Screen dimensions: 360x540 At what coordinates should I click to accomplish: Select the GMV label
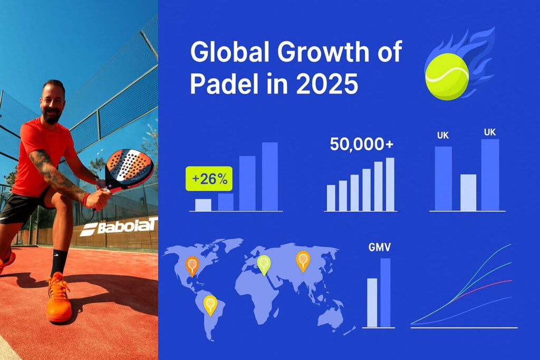[x=380, y=247]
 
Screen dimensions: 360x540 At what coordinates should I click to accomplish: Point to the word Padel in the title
[x=217, y=84]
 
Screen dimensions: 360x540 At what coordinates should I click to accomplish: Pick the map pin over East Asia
[x=302, y=260]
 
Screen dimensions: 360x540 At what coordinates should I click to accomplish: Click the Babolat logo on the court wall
[x=119, y=227]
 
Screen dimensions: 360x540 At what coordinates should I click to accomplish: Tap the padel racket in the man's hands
[x=128, y=167]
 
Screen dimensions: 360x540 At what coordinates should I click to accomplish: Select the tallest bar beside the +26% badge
[x=269, y=177]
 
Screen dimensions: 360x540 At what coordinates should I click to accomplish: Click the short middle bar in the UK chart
[x=468, y=192]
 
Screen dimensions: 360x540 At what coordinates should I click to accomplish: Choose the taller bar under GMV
[x=385, y=293]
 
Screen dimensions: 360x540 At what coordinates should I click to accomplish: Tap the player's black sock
[x=59, y=262]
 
